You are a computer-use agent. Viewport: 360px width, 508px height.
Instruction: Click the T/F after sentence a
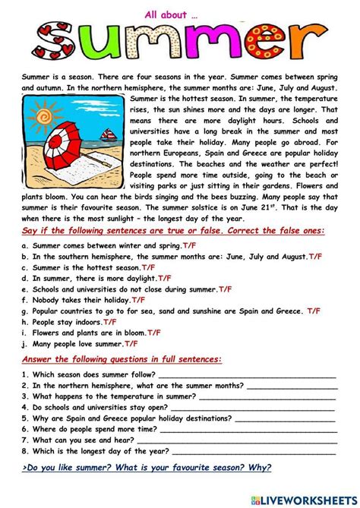191,246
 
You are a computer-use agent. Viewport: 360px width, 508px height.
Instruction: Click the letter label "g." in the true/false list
27,311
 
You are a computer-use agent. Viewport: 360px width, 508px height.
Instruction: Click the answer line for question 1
247,374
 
